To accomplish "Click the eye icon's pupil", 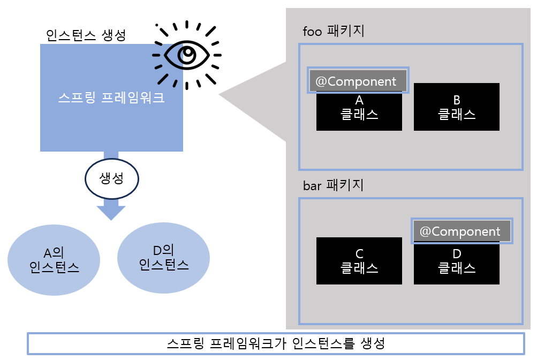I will pyautogui.click(x=187, y=54).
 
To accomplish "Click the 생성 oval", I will pyautogui.click(x=112, y=178).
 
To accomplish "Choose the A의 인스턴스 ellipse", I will pyautogui.click(x=54, y=260).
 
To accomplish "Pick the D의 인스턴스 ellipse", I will pyautogui.click(x=163, y=257).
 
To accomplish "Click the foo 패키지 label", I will pyautogui.click(x=334, y=31).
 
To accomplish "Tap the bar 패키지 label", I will pyautogui.click(x=334, y=185).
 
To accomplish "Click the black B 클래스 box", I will pyautogui.click(x=456, y=107).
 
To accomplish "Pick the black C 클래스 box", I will pyautogui.click(x=359, y=261).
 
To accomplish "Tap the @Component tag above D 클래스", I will pyautogui.click(x=460, y=231).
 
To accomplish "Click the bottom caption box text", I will pyautogui.click(x=276, y=343).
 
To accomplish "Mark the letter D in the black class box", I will pyautogui.click(x=457, y=253).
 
